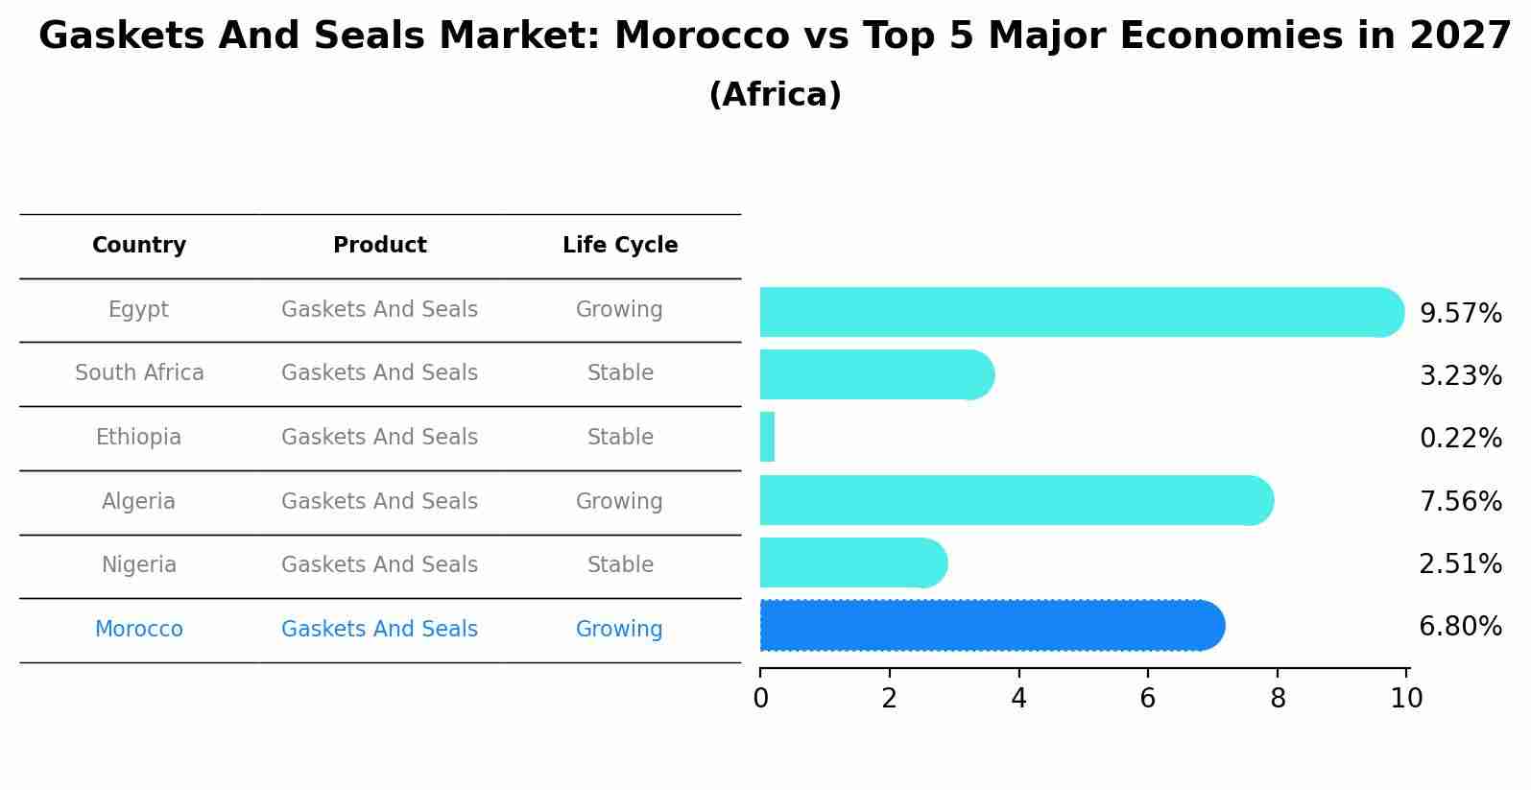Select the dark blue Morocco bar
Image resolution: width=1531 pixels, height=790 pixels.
[989, 626]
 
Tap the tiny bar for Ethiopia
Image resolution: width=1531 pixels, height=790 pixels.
[767, 437]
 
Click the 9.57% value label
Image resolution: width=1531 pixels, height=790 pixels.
[1460, 314]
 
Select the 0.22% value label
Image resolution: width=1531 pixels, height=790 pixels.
[1460, 439]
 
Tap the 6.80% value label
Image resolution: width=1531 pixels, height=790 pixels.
[1460, 627]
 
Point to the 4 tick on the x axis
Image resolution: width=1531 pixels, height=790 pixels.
[1018, 698]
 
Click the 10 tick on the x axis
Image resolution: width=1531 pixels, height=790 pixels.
[1406, 698]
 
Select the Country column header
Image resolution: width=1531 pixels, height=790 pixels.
[139, 246]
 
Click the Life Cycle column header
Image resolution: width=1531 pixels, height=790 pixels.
[620, 246]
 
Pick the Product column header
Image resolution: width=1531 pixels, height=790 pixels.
[380, 246]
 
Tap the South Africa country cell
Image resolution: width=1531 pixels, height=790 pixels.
[139, 373]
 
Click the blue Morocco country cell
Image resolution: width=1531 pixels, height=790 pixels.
[139, 630]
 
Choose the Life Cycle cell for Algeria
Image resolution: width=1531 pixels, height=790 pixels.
[619, 502]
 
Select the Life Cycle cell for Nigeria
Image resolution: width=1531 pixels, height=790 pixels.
[620, 565]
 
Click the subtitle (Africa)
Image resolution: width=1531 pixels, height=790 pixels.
[775, 95]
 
